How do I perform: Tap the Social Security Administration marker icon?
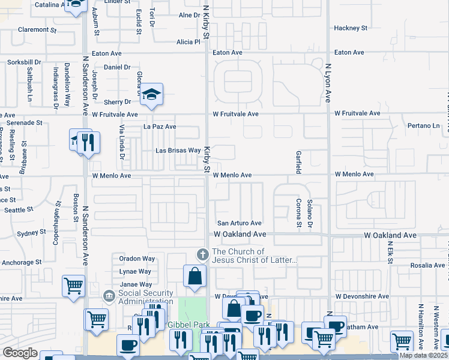click(109, 296)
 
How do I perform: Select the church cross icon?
click(202, 255)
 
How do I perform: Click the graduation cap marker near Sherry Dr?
click(152, 94)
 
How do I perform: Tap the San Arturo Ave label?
click(239, 223)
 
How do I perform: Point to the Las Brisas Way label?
click(178, 151)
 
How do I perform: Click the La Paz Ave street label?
click(159, 127)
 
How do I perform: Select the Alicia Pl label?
click(188, 42)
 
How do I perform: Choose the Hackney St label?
click(351, 28)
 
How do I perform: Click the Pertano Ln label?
click(423, 126)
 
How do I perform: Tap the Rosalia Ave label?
click(427, 265)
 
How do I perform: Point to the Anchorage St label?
click(22, 262)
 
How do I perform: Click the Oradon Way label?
click(137, 259)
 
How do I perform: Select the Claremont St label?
click(37, 29)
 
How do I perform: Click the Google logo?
click(20, 353)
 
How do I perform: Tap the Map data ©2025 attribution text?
click(423, 355)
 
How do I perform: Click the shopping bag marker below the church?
click(195, 276)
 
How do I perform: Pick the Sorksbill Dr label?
click(24, 62)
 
